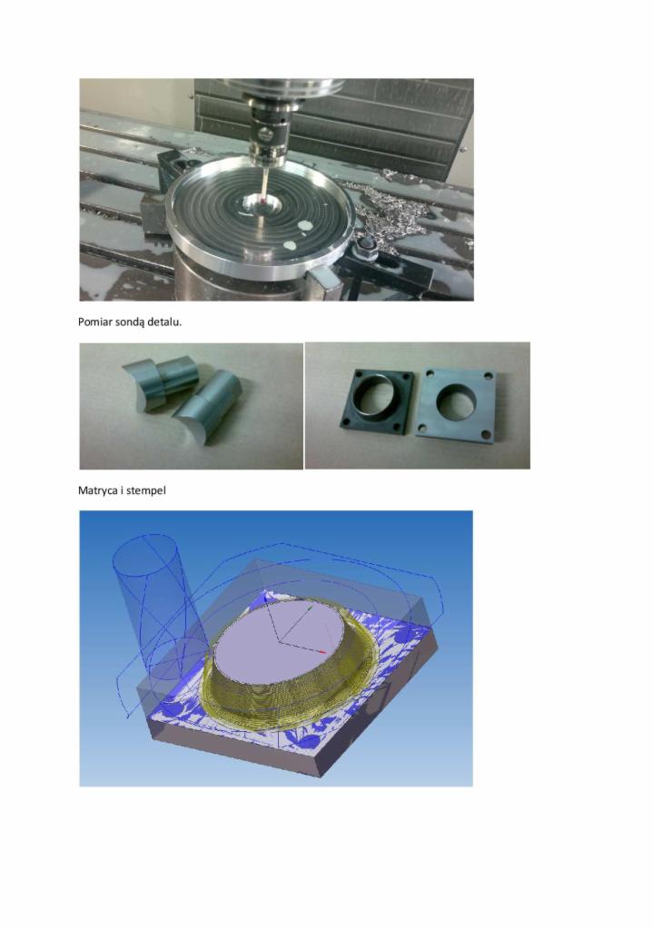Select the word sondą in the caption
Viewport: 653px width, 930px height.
pos(130,322)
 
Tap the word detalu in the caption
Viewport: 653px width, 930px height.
pos(164,322)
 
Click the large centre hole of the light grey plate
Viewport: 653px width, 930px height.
pos(456,403)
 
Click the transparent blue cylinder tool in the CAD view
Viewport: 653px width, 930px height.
pos(153,599)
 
